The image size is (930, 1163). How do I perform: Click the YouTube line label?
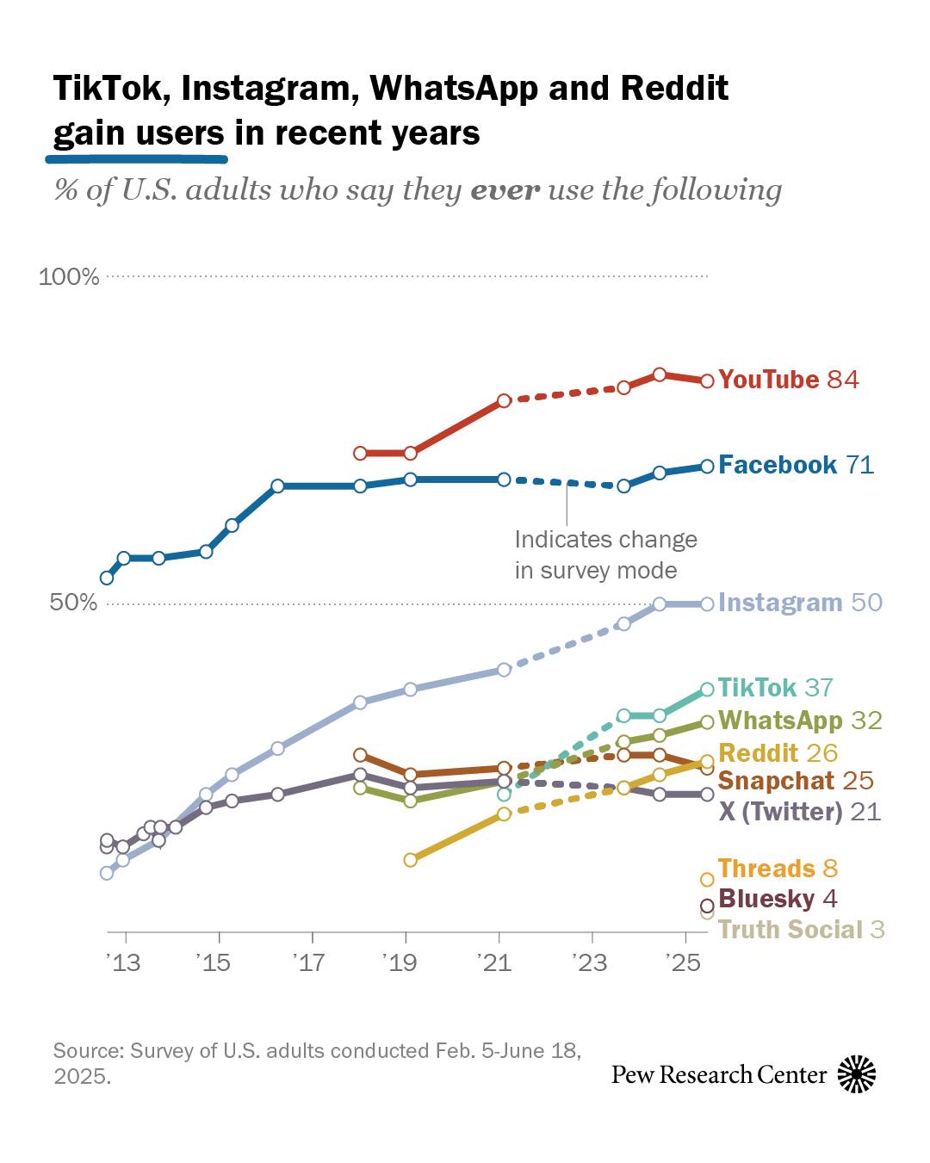[768, 380]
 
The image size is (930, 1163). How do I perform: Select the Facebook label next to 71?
[777, 465]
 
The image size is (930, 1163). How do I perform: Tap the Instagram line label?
[779, 603]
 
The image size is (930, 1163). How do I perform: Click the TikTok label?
[757, 688]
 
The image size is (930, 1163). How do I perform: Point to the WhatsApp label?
[779, 720]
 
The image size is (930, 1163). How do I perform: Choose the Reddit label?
[758, 753]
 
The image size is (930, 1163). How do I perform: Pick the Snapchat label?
[776, 781]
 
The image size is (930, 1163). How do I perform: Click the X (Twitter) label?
[779, 812]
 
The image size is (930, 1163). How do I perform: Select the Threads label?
[766, 869]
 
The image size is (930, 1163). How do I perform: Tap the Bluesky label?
[766, 899]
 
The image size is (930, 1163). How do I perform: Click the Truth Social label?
[790, 930]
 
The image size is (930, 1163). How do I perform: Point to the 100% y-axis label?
[69, 277]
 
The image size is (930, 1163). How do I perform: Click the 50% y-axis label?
[73, 603]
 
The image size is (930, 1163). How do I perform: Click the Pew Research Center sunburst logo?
[856, 1073]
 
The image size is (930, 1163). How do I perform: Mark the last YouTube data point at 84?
[707, 380]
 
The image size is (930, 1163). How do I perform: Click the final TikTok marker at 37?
[707, 689]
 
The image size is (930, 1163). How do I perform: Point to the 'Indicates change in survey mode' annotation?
[605, 555]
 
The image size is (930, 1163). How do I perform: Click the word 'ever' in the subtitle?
[505, 189]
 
